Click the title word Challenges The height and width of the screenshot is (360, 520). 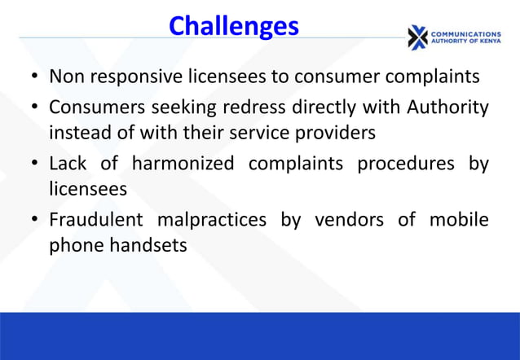(x=233, y=27)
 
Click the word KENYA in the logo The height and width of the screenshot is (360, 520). (x=486, y=44)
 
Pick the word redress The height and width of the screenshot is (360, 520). (x=274, y=107)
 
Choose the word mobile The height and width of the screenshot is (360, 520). (x=461, y=221)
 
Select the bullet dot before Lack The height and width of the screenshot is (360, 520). (x=35, y=165)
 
